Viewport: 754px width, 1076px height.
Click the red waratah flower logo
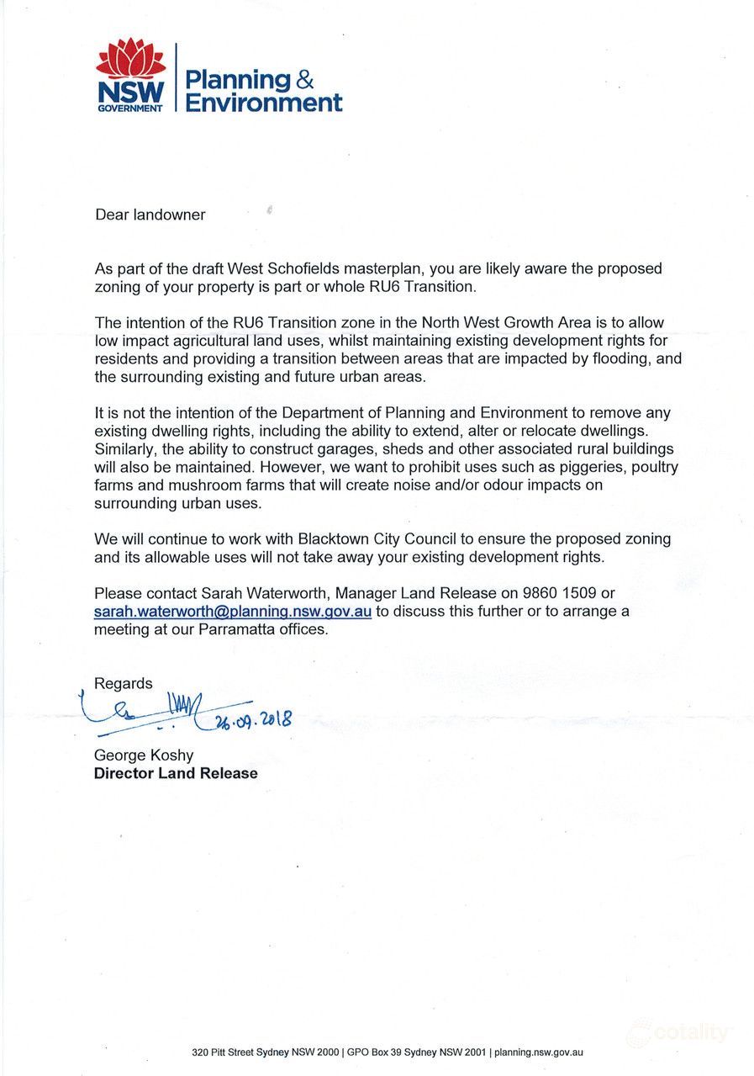tap(130, 59)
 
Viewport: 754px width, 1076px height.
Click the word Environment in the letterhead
tap(263, 103)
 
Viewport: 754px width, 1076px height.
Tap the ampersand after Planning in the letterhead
tap(304, 79)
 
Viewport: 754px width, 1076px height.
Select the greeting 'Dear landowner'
tap(150, 215)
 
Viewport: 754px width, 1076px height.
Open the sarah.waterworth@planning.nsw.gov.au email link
tap(233, 612)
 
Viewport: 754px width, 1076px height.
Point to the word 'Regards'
tap(124, 683)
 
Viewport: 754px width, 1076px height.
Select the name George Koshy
tap(144, 755)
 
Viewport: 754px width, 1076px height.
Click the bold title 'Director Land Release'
tap(176, 773)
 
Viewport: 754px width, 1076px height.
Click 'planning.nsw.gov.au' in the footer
tap(539, 1052)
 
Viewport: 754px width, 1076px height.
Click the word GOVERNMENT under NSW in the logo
tap(130, 109)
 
